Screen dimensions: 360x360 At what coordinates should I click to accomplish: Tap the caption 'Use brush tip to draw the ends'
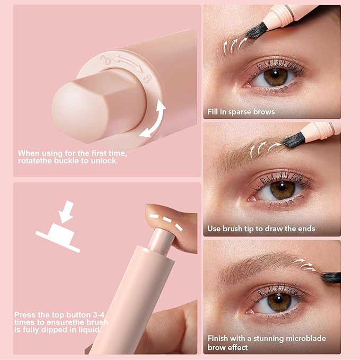click(x=261, y=229)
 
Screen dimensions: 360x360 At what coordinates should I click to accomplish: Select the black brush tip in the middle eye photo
click(x=294, y=139)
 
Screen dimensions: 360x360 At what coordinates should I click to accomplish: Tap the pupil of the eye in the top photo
click(x=275, y=77)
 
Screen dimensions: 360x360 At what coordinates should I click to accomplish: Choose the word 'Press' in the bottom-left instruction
click(x=25, y=314)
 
